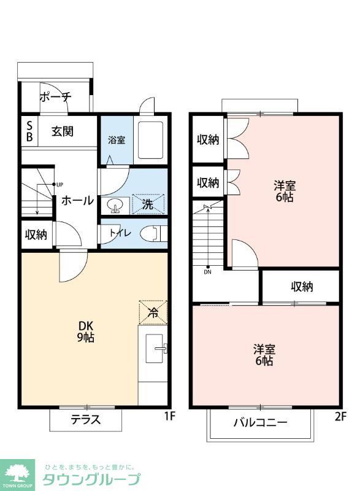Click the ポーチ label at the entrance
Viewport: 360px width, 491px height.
56,97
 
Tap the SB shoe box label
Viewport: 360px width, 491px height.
29,131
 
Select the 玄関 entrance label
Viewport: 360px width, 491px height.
63,131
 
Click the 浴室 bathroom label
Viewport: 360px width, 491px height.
117,140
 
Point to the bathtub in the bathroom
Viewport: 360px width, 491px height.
150,141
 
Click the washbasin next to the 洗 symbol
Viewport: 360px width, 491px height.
113,205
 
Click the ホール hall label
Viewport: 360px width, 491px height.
77,201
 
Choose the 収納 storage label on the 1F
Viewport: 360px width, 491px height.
36,234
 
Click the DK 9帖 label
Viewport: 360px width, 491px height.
85,331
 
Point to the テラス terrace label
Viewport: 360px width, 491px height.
85,420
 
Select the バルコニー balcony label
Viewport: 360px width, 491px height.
260,422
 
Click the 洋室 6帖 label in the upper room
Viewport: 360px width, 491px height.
283,190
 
